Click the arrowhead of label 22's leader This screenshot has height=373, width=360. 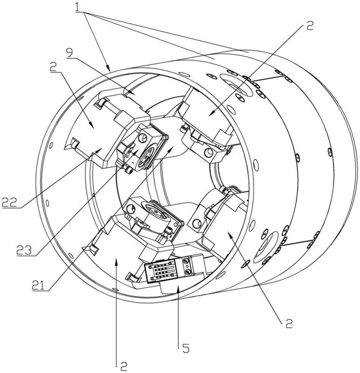[x=101, y=150]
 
